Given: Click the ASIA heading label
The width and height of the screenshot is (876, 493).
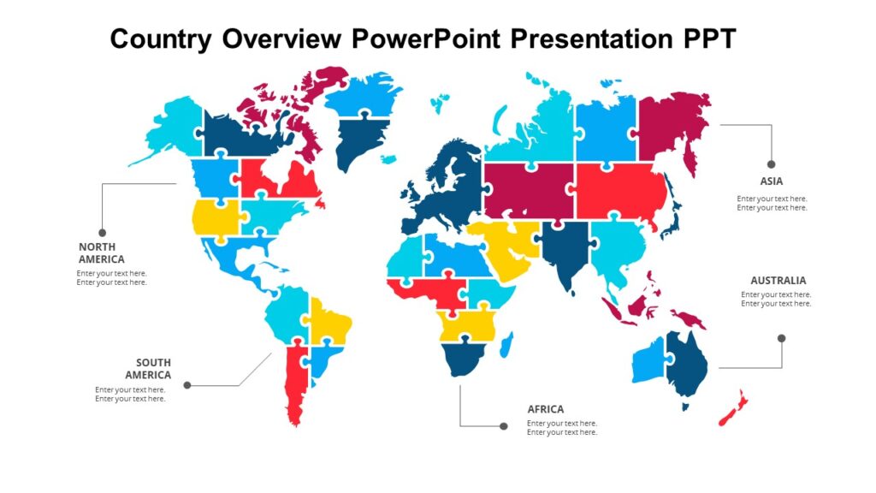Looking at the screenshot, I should (x=771, y=181).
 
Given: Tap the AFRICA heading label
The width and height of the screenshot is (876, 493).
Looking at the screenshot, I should (x=545, y=409).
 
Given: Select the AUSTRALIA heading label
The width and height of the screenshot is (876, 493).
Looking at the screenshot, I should (x=778, y=281).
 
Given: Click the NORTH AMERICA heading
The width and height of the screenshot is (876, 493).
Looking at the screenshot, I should (x=102, y=253).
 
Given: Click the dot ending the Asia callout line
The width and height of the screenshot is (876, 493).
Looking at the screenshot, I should (x=771, y=163).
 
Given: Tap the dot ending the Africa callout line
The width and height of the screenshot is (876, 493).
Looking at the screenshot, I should (x=502, y=425).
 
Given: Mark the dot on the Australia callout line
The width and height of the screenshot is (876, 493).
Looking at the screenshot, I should (x=781, y=338).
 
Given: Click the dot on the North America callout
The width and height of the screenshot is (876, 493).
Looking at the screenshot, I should (x=102, y=232).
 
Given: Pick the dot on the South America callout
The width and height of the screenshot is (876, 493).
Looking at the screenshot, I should (x=186, y=385).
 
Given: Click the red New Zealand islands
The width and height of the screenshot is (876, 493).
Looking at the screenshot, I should (x=733, y=409).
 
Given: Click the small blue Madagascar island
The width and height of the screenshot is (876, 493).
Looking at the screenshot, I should (x=506, y=346).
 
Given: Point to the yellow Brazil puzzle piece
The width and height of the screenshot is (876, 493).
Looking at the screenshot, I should (x=329, y=323).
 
